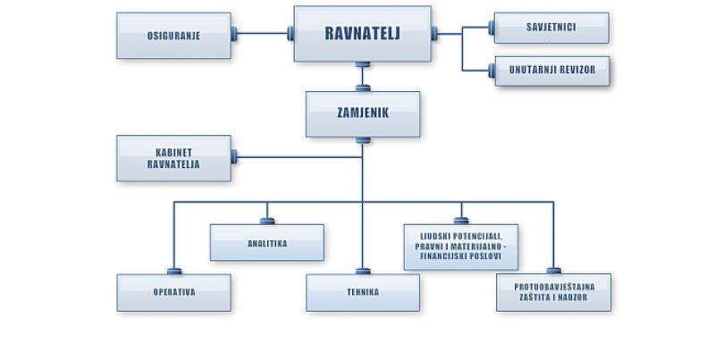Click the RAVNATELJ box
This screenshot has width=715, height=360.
363,34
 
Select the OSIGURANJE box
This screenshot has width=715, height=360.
173,36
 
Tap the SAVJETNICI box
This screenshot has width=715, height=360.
551,28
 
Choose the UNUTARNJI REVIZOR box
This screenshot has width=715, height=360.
552,71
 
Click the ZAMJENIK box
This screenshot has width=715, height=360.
363,114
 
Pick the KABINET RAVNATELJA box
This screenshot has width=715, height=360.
173,158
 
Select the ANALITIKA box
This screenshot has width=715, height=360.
267,242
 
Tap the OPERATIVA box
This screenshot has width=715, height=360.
173,293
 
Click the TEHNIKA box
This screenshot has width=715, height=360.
363,293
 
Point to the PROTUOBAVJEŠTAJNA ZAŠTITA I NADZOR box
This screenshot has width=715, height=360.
553,293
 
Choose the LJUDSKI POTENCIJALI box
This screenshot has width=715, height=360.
461,247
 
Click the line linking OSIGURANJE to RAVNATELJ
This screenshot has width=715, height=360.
262,33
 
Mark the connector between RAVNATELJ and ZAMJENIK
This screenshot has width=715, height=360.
363,76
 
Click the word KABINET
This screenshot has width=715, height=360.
173,153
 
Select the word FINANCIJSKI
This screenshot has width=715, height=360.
442,256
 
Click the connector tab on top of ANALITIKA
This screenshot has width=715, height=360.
267,221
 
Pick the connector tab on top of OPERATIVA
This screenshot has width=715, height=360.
174,272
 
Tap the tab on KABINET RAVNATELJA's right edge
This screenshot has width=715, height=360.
234,156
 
